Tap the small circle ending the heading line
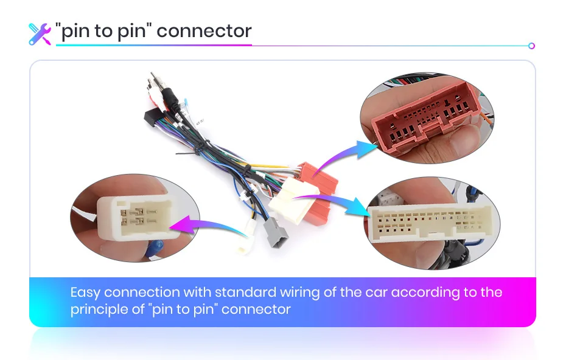[531, 46]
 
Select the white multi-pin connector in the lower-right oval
[429, 224]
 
